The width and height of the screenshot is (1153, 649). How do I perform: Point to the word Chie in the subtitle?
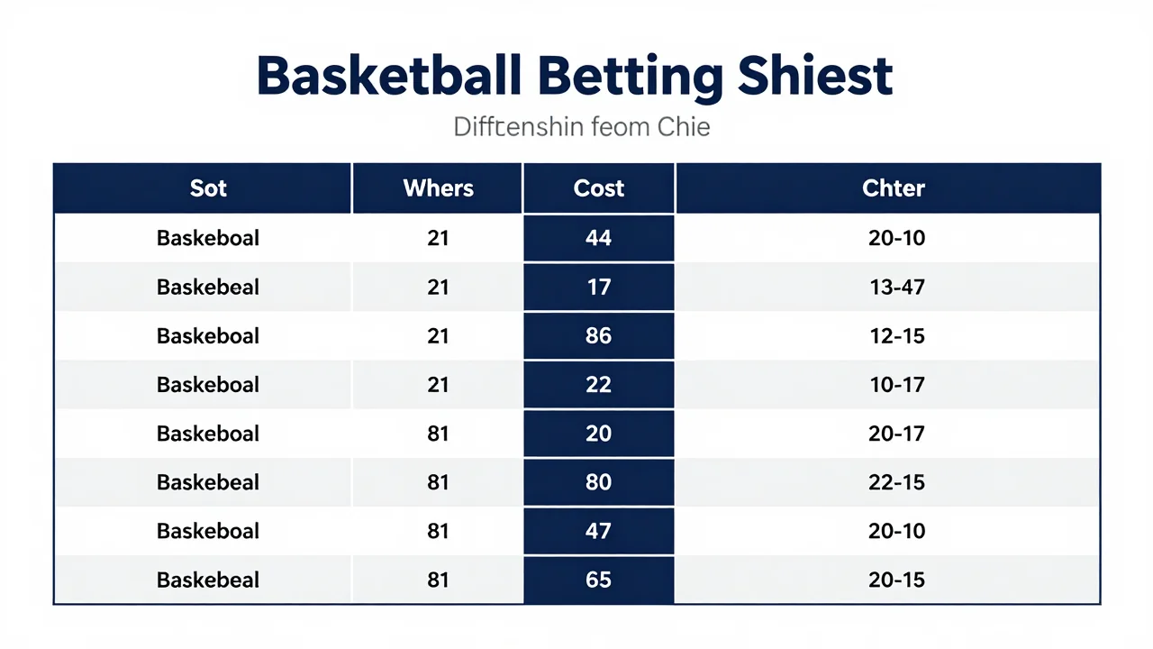click(684, 127)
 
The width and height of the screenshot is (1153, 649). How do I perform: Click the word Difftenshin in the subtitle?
click(518, 127)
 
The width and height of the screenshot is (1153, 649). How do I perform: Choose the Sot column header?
click(208, 188)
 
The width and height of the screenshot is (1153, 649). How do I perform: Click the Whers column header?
click(438, 188)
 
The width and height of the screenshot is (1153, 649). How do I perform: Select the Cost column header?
click(599, 188)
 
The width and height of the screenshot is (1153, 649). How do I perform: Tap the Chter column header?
click(894, 188)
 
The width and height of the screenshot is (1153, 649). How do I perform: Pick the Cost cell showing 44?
click(598, 238)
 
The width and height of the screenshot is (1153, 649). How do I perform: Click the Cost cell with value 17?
click(599, 287)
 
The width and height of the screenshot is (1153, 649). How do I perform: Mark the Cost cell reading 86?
click(598, 336)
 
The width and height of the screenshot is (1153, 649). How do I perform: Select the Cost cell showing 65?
click(598, 580)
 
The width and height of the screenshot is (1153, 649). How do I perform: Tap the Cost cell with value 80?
click(598, 482)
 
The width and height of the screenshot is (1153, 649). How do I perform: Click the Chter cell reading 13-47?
click(896, 287)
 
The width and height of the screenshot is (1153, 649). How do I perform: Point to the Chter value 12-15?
click(896, 336)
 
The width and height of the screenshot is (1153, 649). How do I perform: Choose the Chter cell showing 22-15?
click(896, 482)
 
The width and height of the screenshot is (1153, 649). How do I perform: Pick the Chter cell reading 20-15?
click(896, 580)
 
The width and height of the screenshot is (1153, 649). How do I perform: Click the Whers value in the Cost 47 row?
click(438, 531)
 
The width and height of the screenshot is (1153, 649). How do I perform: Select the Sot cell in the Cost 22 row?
click(208, 385)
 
